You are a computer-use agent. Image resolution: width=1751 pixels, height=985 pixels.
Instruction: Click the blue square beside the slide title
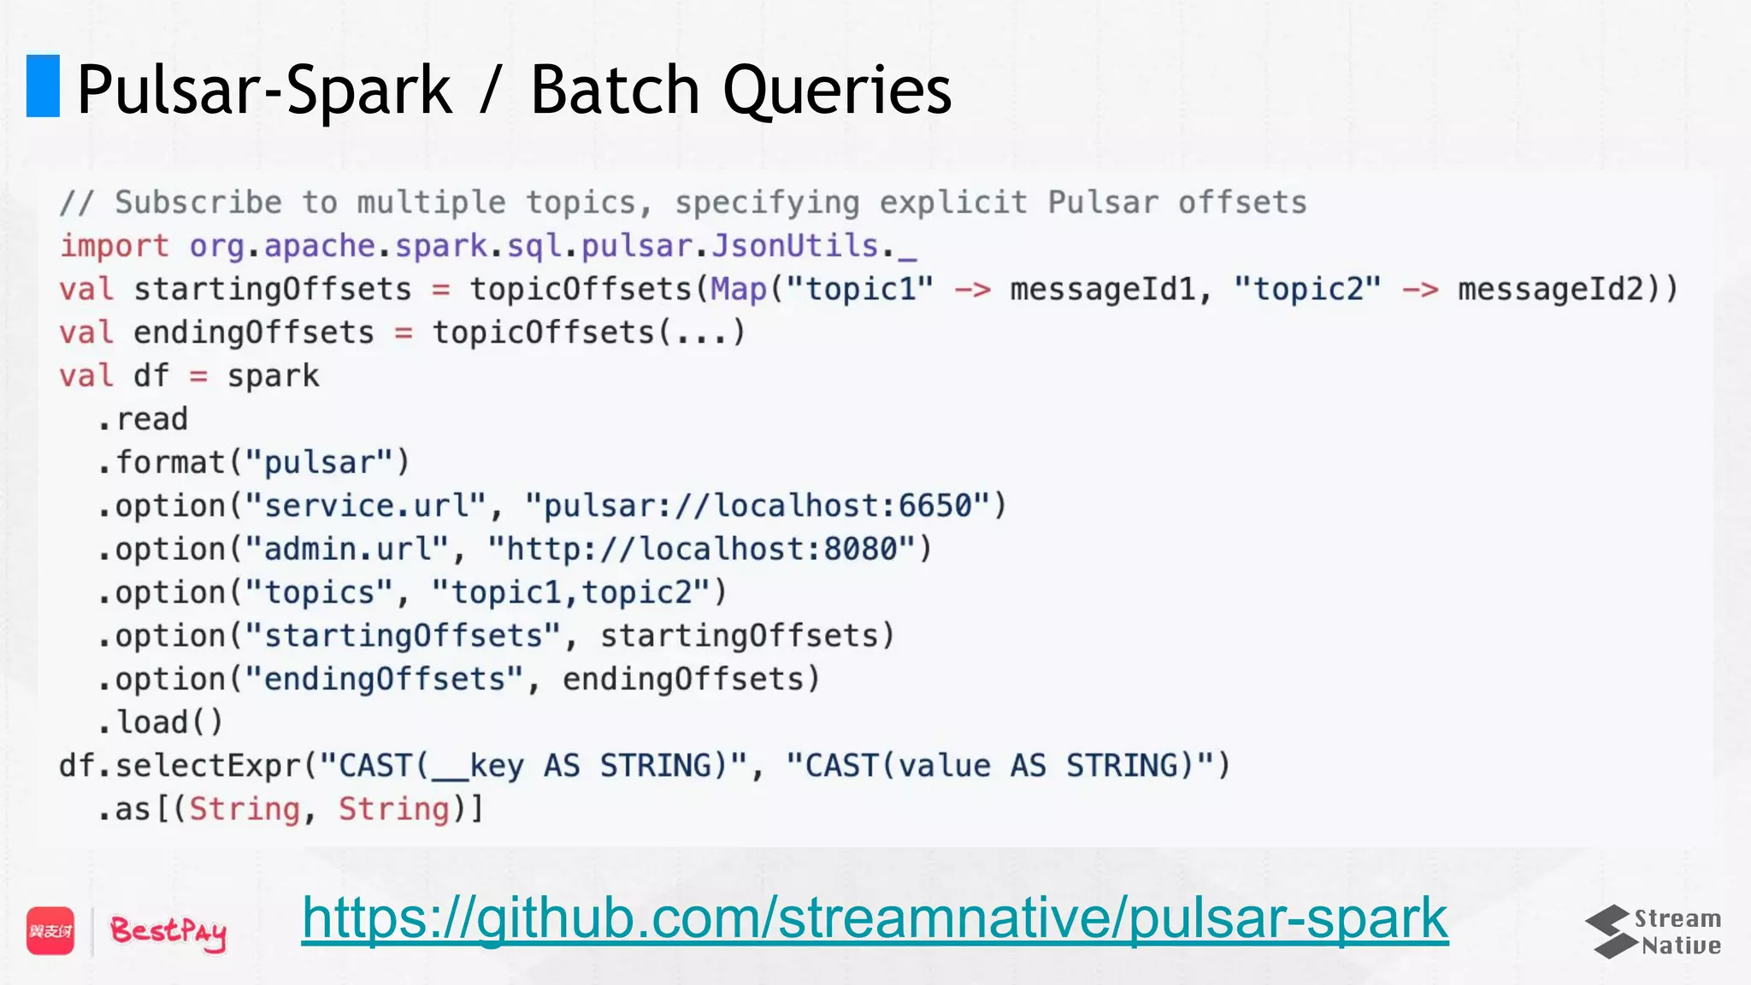(x=43, y=86)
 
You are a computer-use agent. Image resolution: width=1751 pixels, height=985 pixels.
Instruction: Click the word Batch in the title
(x=615, y=90)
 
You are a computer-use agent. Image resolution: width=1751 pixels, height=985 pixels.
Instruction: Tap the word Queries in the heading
(x=837, y=90)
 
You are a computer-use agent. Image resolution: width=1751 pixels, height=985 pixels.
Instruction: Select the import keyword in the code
(x=114, y=246)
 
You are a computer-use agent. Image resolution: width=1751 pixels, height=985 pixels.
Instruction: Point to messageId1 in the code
(x=1102, y=289)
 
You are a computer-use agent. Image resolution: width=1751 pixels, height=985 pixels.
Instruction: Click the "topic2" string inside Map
(x=1307, y=289)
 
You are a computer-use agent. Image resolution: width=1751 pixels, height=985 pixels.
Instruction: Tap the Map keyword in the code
(x=739, y=289)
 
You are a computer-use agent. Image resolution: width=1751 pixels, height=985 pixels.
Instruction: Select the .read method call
(x=142, y=419)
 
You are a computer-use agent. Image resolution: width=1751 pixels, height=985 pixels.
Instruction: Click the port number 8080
(x=860, y=549)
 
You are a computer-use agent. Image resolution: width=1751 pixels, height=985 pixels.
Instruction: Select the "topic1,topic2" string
(x=571, y=593)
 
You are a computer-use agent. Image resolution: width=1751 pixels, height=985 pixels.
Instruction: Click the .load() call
(x=160, y=723)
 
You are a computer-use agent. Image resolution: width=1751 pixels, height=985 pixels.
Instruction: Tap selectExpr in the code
(x=208, y=765)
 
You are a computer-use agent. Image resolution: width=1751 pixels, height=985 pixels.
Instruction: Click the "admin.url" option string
(x=346, y=549)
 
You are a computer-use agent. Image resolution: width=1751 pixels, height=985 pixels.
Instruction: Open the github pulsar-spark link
(x=875, y=919)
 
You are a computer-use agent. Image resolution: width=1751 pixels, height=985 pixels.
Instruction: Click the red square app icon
(x=50, y=930)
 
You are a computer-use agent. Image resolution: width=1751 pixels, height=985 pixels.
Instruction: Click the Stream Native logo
(x=1654, y=931)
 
